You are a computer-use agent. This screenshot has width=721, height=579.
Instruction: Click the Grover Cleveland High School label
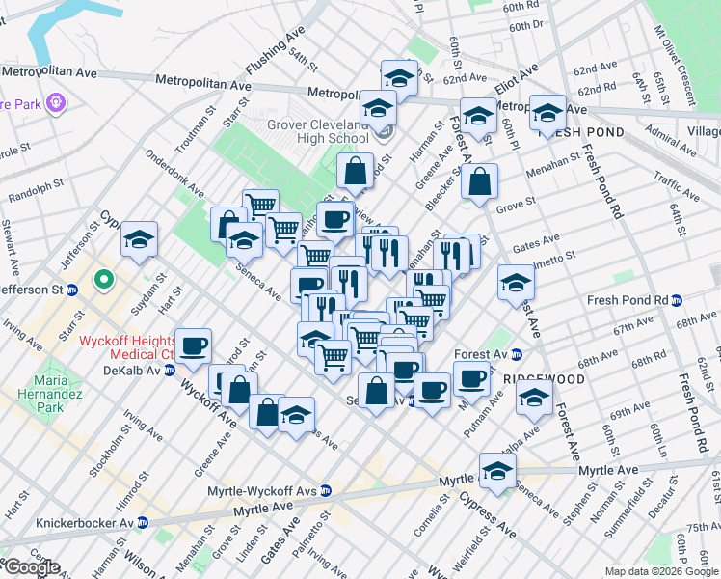pyautogui.click(x=317, y=131)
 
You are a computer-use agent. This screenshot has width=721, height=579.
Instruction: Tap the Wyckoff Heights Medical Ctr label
pyautogui.click(x=124, y=347)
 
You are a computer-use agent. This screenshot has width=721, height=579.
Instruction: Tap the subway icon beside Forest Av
pyautogui.click(x=517, y=354)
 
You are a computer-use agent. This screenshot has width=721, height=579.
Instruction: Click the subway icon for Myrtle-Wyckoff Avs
pyautogui.click(x=326, y=490)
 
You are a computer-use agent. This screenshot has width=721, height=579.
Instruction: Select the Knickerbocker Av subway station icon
pyautogui.click(x=143, y=522)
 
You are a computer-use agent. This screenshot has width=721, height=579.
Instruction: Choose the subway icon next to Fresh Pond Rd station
pyautogui.click(x=677, y=300)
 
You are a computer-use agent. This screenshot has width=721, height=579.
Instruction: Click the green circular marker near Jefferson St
pyautogui.click(x=102, y=282)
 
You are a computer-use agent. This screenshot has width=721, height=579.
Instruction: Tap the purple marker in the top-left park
pyautogui.click(x=55, y=99)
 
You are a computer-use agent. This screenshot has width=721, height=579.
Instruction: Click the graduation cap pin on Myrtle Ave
pyautogui.click(x=497, y=471)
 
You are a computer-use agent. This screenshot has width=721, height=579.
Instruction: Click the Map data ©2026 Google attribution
pyautogui.click(x=660, y=571)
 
